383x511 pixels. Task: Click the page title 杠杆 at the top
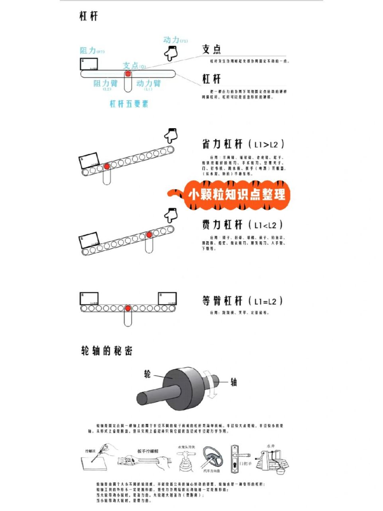coord(88,16)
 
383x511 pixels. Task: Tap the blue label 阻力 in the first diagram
coord(88,50)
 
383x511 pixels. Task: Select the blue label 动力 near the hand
coord(171,40)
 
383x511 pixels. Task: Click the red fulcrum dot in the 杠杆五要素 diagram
coord(128,74)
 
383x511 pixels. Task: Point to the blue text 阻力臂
coord(106,83)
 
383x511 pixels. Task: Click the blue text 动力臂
coord(148,83)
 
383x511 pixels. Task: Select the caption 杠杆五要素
coord(129,104)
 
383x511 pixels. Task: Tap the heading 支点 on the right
coord(211,49)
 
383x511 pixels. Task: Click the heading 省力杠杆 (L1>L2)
coord(243,144)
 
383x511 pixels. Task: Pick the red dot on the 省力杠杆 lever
coord(106,166)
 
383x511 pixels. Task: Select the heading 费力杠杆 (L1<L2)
coord(243,225)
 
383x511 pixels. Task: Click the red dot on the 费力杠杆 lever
coord(149,235)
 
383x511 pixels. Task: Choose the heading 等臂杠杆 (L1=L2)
coord(243,301)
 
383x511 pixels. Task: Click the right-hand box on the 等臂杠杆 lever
coord(167,299)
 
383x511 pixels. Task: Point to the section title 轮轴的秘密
coord(106,351)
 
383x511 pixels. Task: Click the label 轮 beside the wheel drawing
coord(147,374)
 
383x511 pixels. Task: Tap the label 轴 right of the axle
coord(234,382)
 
